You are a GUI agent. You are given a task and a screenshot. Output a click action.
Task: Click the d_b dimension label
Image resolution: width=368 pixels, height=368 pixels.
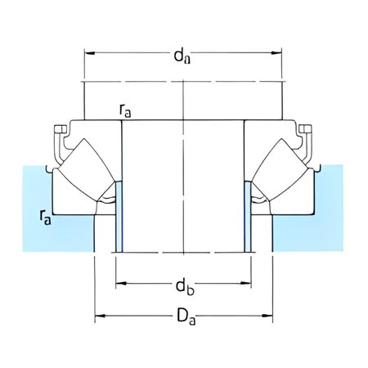coord(183,286)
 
